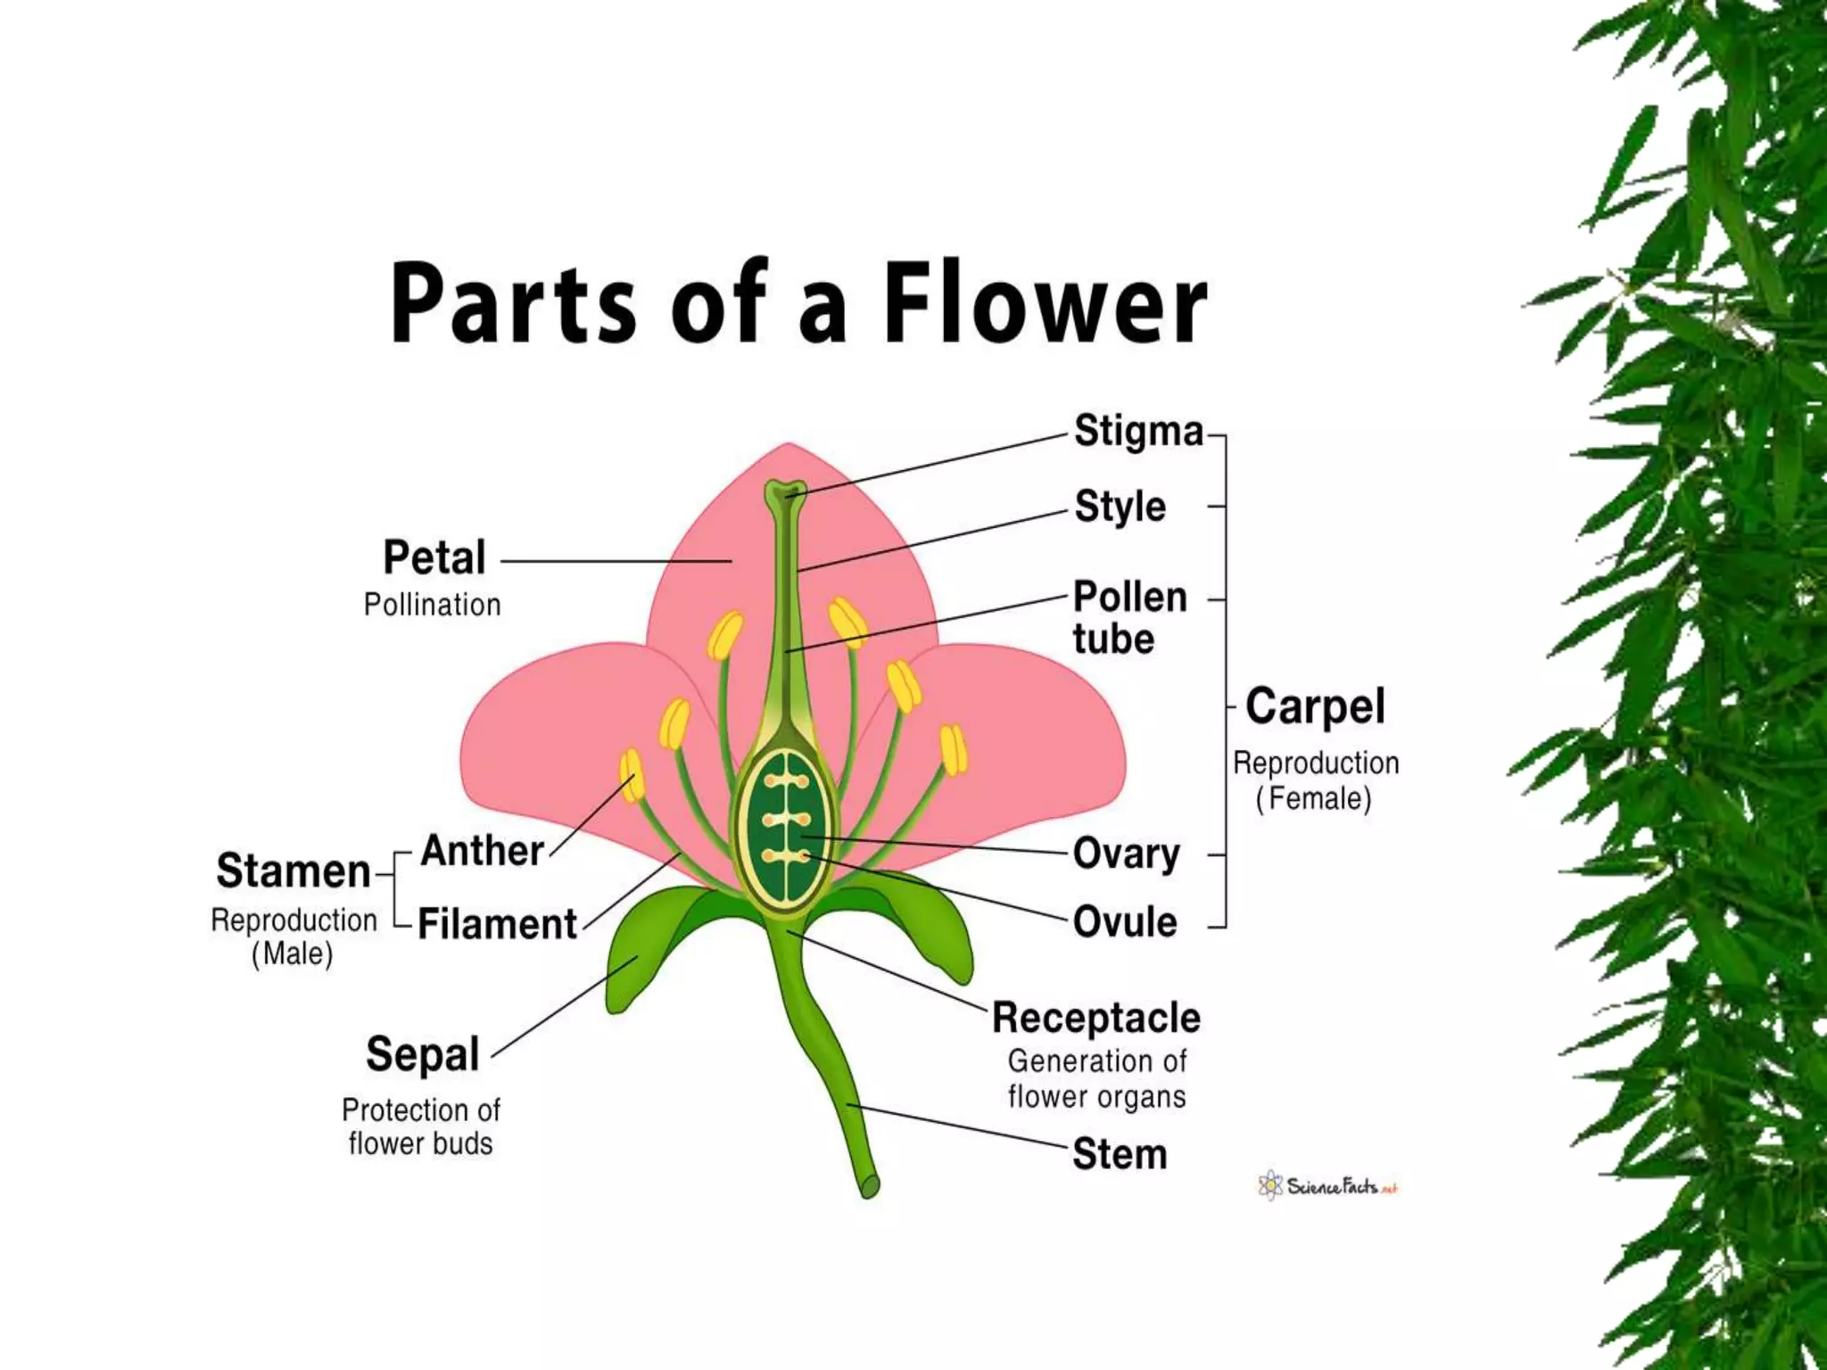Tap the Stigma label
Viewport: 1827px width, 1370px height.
pyautogui.click(x=1138, y=432)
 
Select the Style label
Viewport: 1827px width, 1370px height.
pyautogui.click(x=1120, y=507)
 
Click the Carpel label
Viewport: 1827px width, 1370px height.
pyautogui.click(x=1315, y=707)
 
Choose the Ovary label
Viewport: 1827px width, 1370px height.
pyautogui.click(x=1126, y=854)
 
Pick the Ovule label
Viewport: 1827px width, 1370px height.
pyautogui.click(x=1125, y=922)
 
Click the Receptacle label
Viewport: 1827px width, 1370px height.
pyautogui.click(x=1096, y=1018)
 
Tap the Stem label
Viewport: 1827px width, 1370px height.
pyautogui.click(x=1120, y=1154)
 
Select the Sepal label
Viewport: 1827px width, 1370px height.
pyautogui.click(x=423, y=1055)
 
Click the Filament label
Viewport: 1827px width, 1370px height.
pyautogui.click(x=497, y=924)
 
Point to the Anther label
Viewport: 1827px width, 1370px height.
pyautogui.click(x=482, y=851)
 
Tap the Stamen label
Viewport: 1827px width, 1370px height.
pyautogui.click(x=293, y=871)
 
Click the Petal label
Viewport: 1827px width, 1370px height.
pyautogui.click(x=434, y=558)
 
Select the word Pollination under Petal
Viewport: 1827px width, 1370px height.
pyautogui.click(x=432, y=606)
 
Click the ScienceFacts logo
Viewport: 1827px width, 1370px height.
pyautogui.click(x=1327, y=1187)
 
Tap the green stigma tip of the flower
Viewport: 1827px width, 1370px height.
pyautogui.click(x=785, y=491)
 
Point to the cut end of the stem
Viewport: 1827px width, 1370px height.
pyautogui.click(x=871, y=1186)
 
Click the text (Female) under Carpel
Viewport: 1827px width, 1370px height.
pyautogui.click(x=1313, y=798)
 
